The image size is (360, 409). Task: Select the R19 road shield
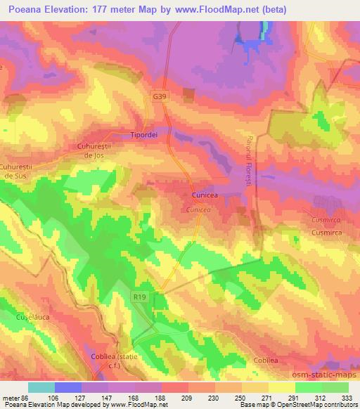(140, 297)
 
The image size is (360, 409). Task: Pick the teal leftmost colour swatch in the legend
(41, 387)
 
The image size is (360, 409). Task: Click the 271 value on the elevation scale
(269, 398)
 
